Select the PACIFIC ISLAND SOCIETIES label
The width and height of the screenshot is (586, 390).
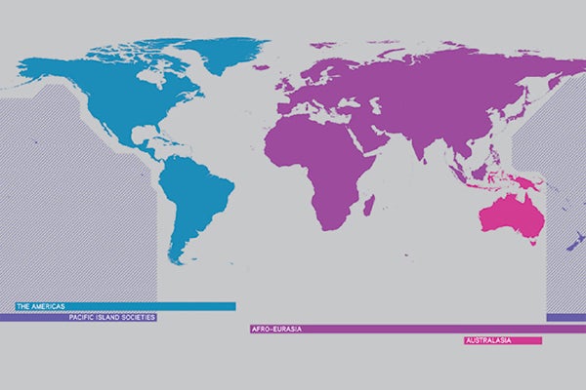(111, 317)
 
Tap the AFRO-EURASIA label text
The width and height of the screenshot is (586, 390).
(276, 330)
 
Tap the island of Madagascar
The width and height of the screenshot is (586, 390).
(369, 206)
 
